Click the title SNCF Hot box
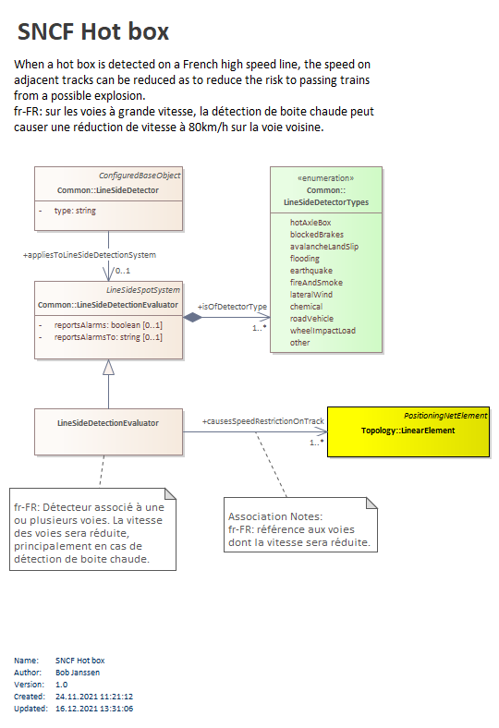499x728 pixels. point(92,31)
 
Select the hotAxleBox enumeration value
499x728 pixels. point(310,223)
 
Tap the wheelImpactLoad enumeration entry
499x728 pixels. point(323,331)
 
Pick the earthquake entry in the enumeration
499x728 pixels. point(311,271)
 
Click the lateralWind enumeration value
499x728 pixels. point(311,295)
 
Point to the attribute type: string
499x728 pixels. point(75,211)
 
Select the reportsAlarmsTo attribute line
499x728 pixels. point(108,337)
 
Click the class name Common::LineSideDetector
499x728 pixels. point(108,190)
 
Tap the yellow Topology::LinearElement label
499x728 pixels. point(408,431)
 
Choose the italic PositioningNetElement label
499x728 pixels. point(445,416)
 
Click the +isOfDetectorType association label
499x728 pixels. point(232,307)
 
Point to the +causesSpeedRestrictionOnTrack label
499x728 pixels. point(262,421)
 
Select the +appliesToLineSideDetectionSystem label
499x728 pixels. point(90,255)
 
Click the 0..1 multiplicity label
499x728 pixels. point(123,271)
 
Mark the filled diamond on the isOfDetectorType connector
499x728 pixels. point(192,318)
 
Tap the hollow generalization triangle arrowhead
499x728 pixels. point(109,368)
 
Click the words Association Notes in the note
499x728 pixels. point(274,516)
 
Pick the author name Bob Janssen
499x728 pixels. point(78,673)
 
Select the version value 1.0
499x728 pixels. point(61,685)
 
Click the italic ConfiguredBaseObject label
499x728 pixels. point(140,176)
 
